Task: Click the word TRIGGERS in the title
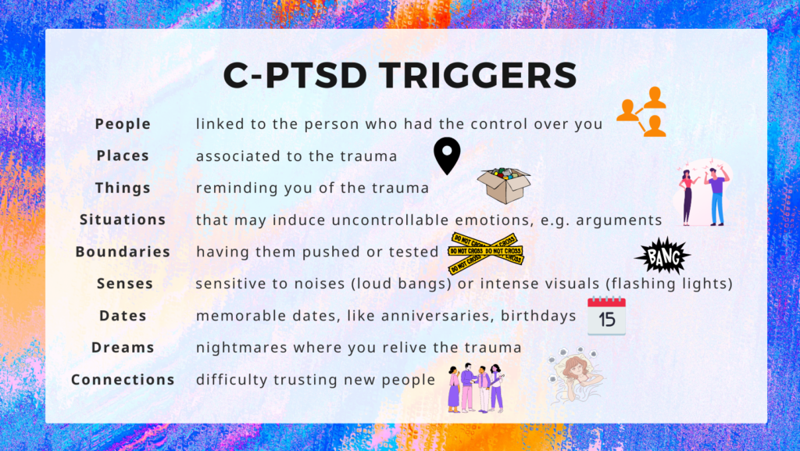[x=478, y=76]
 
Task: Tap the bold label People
[x=123, y=124]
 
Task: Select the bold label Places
[x=123, y=156]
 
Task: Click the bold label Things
[x=123, y=188]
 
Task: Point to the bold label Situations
[x=123, y=220]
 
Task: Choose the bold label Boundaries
[x=123, y=252]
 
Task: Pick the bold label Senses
[x=125, y=284]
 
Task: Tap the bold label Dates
[x=123, y=316]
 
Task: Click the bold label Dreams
[x=123, y=347]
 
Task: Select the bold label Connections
[x=123, y=380]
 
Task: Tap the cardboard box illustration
[x=504, y=186]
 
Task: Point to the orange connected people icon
[x=642, y=112]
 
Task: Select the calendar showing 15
[x=606, y=316]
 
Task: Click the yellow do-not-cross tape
[x=486, y=253]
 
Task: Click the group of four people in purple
[x=476, y=388]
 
